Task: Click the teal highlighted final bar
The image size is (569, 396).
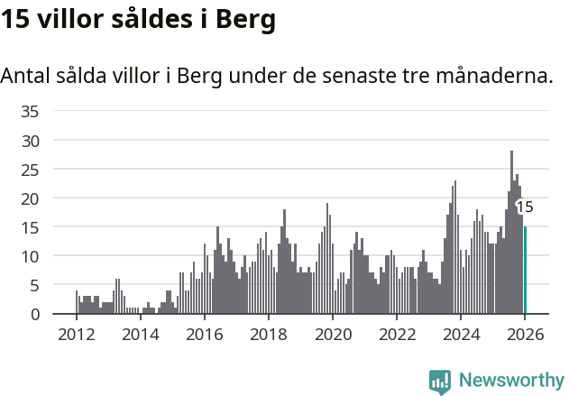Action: [525, 271]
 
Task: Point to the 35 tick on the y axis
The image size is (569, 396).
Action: [30, 112]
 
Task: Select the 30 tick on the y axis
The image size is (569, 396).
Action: [30, 141]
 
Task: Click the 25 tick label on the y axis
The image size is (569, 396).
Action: [30, 170]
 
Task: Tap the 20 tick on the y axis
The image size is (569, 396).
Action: [30, 198]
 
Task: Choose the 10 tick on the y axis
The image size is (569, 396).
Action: [30, 256]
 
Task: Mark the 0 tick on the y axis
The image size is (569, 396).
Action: [34, 314]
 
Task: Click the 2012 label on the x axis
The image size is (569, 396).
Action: [76, 335]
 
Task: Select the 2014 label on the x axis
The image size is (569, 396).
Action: [140, 335]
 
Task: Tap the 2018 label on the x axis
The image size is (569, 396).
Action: [268, 335]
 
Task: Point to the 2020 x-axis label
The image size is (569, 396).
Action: [332, 335]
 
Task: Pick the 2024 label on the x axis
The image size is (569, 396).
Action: [460, 335]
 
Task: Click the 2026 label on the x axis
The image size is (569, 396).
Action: [524, 335]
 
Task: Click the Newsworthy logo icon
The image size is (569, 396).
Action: [440, 382]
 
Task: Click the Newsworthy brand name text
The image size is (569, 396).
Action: [510, 382]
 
